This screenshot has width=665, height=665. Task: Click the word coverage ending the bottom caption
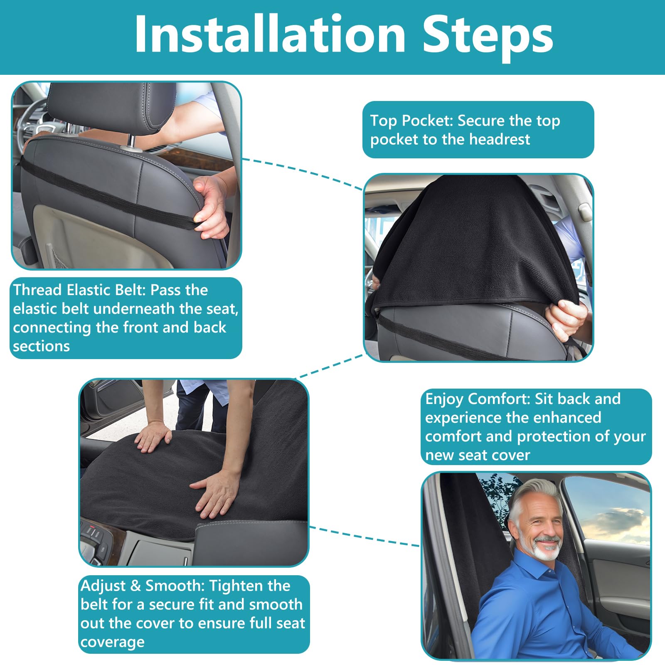(112, 642)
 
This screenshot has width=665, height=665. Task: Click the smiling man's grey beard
(547, 549)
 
